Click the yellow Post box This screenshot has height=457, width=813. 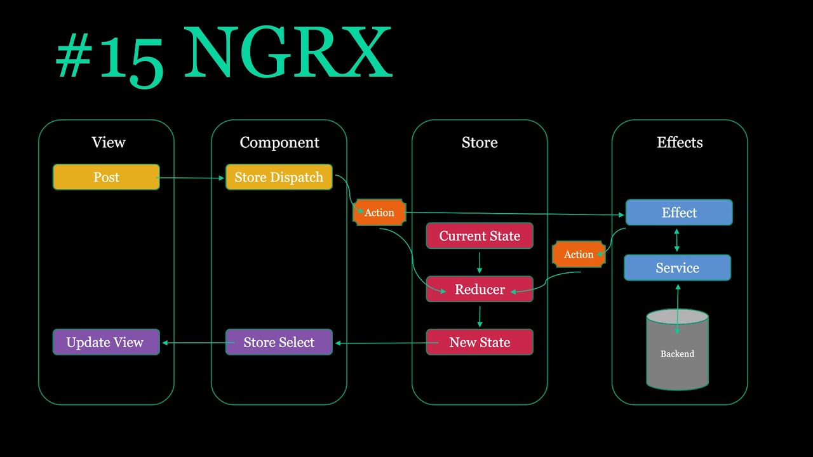(x=106, y=177)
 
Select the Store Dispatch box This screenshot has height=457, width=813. (x=279, y=177)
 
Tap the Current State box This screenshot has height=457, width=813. (x=480, y=236)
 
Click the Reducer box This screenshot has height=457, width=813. (x=480, y=289)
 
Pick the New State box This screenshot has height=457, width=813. (x=480, y=342)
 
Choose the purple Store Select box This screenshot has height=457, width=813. (x=279, y=342)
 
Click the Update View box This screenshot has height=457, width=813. (x=106, y=342)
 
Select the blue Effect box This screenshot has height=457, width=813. (x=679, y=213)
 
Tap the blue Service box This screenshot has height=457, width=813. (x=677, y=268)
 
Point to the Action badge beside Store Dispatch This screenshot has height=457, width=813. (x=379, y=213)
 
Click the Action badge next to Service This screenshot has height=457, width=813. (x=579, y=255)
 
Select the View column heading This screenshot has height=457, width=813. (x=108, y=143)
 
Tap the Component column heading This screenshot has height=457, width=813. (x=279, y=143)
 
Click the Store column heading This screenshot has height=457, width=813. (x=480, y=143)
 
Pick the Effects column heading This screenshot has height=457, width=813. (x=680, y=143)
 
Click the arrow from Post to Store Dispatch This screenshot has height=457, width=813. (x=192, y=178)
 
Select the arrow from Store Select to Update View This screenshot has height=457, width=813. (x=194, y=343)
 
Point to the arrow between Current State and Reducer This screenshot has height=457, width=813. (x=480, y=262)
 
